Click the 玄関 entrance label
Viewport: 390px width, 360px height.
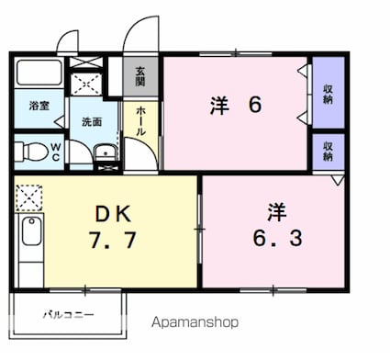point(140,76)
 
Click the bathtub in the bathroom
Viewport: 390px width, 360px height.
point(39,75)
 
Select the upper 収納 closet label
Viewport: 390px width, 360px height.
point(328,94)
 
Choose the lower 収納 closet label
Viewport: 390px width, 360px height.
point(328,151)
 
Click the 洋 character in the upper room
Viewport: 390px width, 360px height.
point(217,105)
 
